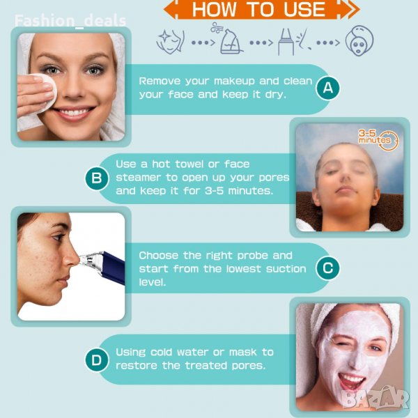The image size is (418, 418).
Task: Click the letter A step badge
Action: [x=328, y=88]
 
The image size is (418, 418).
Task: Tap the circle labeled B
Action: [x=97, y=178]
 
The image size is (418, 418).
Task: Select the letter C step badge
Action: [x=328, y=268]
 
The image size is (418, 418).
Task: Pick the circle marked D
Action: [x=97, y=360]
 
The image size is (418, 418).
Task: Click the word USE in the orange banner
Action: [x=304, y=10]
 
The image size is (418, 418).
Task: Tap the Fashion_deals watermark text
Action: [x=70, y=21]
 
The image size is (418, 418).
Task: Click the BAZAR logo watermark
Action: [x=376, y=398]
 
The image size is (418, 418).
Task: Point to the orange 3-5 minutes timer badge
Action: [x=378, y=139]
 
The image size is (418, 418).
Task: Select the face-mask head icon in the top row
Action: [x=359, y=40]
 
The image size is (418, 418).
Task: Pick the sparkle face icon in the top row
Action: [x=171, y=42]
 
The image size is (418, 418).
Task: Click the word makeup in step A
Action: [x=234, y=82]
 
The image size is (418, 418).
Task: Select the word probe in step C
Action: [x=254, y=256]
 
